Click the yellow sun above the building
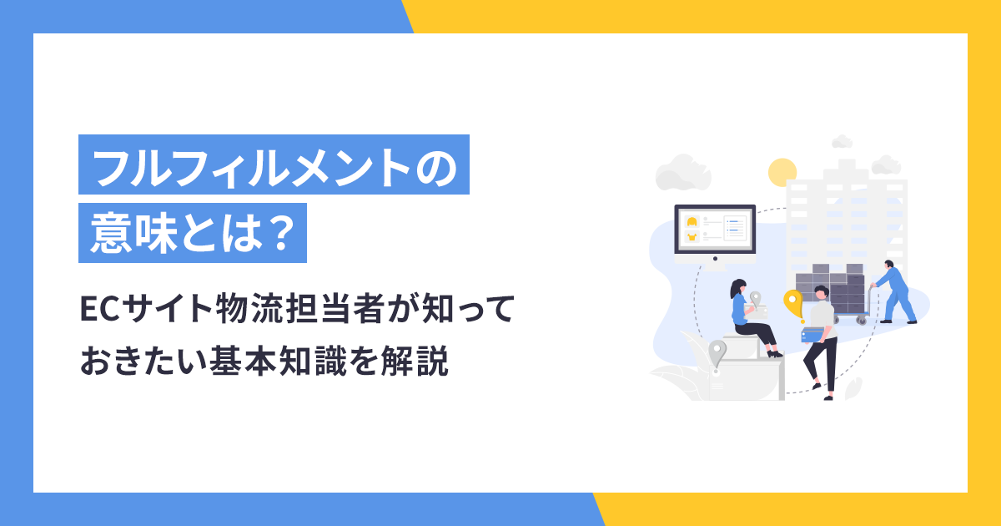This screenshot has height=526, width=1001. [782, 172]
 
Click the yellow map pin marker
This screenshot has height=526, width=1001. [793, 301]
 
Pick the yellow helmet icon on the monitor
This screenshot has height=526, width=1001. [692, 222]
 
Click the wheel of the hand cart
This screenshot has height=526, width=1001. [859, 319]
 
